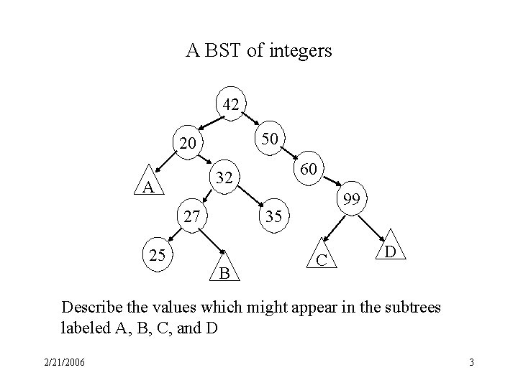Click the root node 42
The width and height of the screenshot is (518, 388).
click(x=231, y=104)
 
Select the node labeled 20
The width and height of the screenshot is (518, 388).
click(x=188, y=144)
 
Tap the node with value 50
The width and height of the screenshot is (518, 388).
click(x=271, y=137)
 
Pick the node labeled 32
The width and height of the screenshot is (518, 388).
click(x=224, y=176)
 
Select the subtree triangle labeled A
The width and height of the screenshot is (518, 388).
click(x=148, y=186)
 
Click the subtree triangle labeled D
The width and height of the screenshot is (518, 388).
click(x=389, y=249)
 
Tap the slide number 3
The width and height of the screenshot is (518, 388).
click(x=471, y=362)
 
